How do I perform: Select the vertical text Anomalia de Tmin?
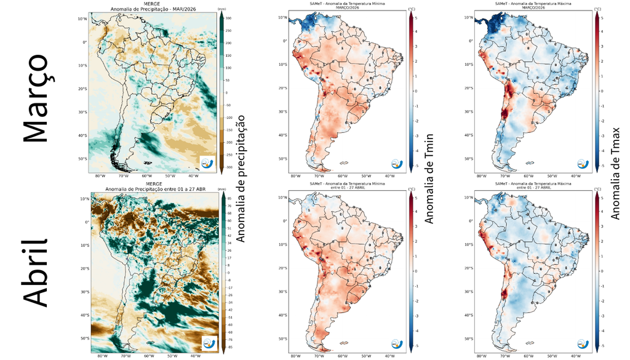pyautogui.click(x=430, y=178)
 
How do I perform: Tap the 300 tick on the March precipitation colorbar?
pyautogui.click(x=229, y=19)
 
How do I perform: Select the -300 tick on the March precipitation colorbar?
pyautogui.click(x=229, y=167)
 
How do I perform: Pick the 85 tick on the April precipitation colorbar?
pyautogui.click(x=229, y=198)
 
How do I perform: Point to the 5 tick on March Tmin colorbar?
pyautogui.click(x=418, y=18)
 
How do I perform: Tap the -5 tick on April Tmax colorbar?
pyautogui.click(x=604, y=346)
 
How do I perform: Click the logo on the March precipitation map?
pyautogui.click(x=209, y=162)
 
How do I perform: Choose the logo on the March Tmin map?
pyautogui.click(x=397, y=164)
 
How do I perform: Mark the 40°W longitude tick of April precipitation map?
pyautogui.click(x=195, y=356)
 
